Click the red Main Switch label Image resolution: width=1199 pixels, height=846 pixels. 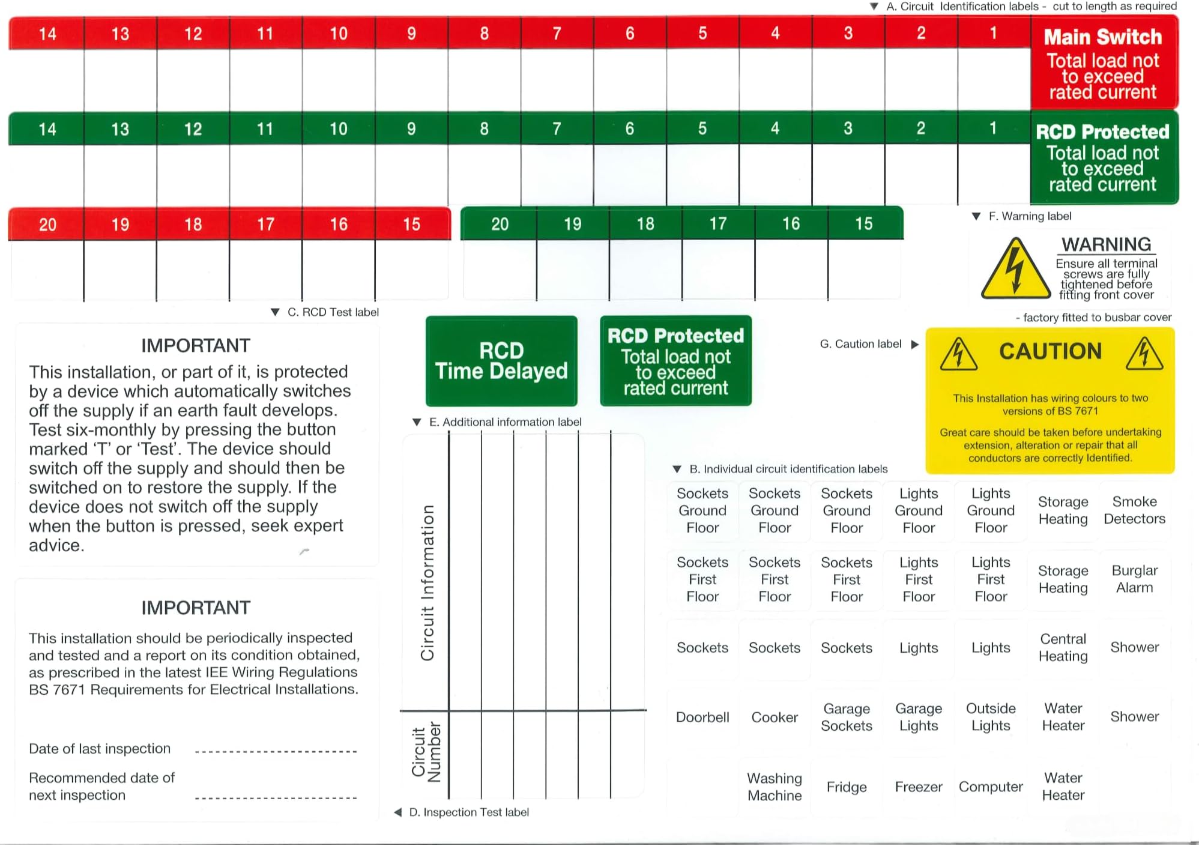[x=1104, y=63]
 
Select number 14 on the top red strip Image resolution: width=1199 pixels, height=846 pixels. [x=47, y=34]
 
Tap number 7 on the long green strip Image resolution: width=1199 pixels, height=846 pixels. [x=557, y=128]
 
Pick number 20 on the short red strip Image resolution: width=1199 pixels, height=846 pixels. [x=47, y=225]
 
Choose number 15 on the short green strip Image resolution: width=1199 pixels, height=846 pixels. [x=863, y=224]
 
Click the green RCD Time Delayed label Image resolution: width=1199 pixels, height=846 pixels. [x=501, y=361]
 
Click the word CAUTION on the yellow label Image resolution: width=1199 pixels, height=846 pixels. [x=1050, y=351]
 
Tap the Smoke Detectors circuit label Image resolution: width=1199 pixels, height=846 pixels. [x=1134, y=510]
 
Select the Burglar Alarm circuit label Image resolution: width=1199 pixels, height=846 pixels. [x=1134, y=579]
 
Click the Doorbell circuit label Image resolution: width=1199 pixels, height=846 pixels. [x=702, y=718]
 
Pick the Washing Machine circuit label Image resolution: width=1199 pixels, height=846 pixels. [x=775, y=787]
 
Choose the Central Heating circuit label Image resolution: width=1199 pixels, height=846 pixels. [x=1063, y=648]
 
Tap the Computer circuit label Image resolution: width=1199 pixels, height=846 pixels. [x=991, y=787]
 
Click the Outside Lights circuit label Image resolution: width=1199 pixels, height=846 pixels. [x=991, y=718]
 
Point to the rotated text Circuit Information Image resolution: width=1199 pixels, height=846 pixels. [x=427, y=583]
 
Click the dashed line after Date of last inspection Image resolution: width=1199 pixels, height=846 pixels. [x=276, y=751]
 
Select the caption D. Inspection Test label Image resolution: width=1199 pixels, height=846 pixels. [x=468, y=812]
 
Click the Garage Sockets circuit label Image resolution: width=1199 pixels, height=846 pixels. [x=847, y=718]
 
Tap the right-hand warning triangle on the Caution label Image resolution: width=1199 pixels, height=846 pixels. [x=1144, y=355]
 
